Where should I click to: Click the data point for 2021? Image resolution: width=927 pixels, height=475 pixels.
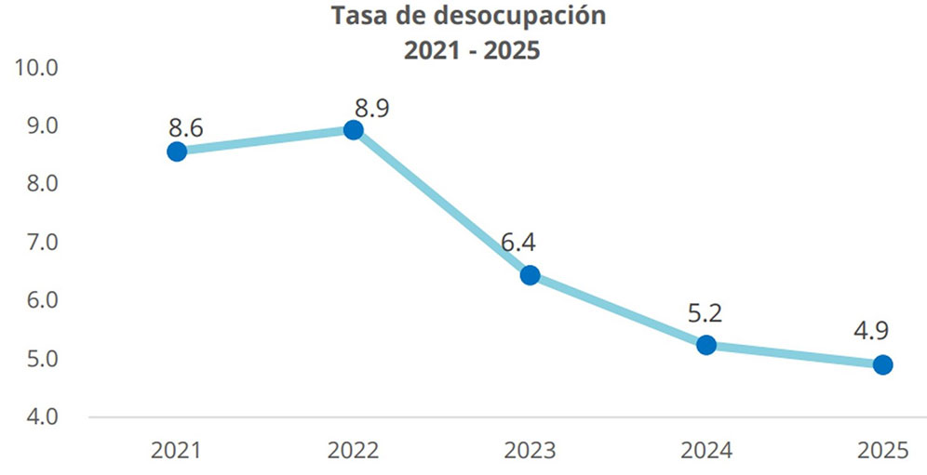[x=177, y=151]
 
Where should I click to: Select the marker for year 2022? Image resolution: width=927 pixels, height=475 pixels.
[x=353, y=130]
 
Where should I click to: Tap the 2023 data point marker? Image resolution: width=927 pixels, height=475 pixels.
[x=530, y=275]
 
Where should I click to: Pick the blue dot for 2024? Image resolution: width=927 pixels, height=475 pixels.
[x=706, y=345]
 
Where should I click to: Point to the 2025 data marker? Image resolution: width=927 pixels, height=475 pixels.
[x=882, y=364]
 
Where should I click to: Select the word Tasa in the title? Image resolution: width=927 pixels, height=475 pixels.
[x=359, y=16]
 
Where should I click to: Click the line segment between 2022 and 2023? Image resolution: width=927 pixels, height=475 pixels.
[x=441, y=203]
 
